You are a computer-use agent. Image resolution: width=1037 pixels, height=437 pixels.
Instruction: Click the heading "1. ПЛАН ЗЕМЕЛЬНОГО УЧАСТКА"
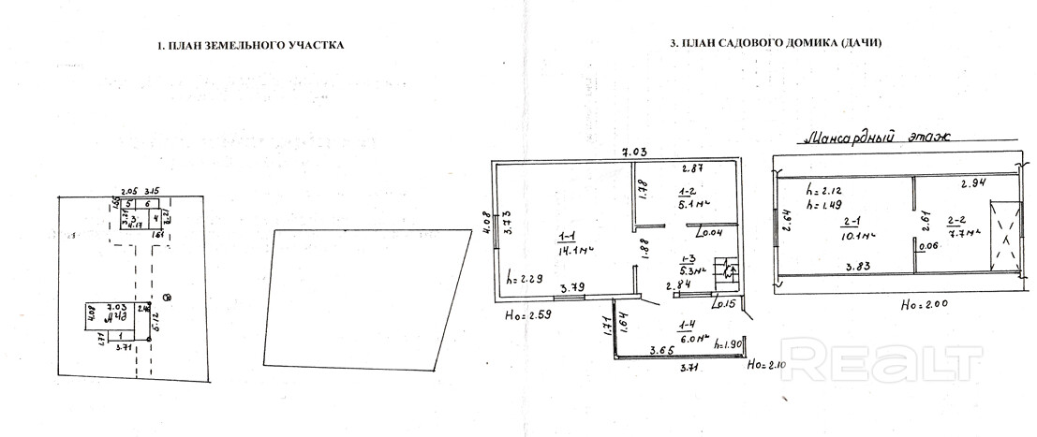250,44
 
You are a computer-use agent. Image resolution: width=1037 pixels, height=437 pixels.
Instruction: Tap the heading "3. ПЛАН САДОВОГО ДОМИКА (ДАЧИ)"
777,43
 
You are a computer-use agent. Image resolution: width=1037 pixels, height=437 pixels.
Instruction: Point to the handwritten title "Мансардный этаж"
870,138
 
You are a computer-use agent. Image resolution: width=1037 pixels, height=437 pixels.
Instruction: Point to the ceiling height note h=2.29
524,278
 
